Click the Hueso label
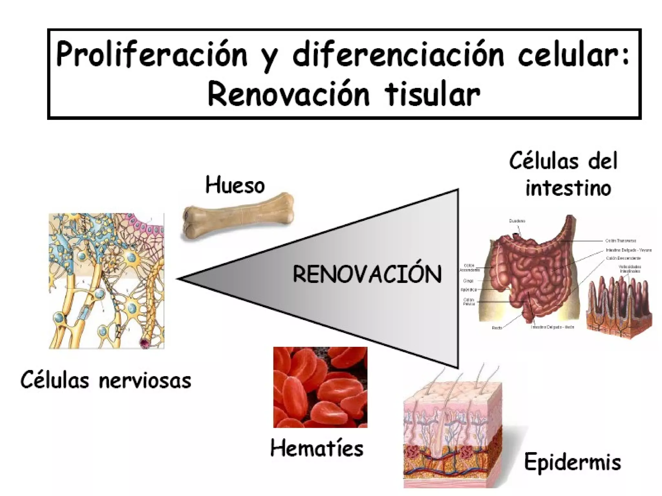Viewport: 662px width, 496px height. [x=235, y=185]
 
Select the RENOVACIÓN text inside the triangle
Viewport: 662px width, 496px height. [x=367, y=274]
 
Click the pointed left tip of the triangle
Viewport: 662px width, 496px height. [x=180, y=278]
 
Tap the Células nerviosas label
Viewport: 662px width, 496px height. [x=106, y=380]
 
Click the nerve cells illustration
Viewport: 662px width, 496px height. [x=106, y=281]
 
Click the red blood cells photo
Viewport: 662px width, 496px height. [x=320, y=387]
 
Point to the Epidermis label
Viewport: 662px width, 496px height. [x=572, y=462]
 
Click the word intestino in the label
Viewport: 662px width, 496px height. [x=568, y=188]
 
